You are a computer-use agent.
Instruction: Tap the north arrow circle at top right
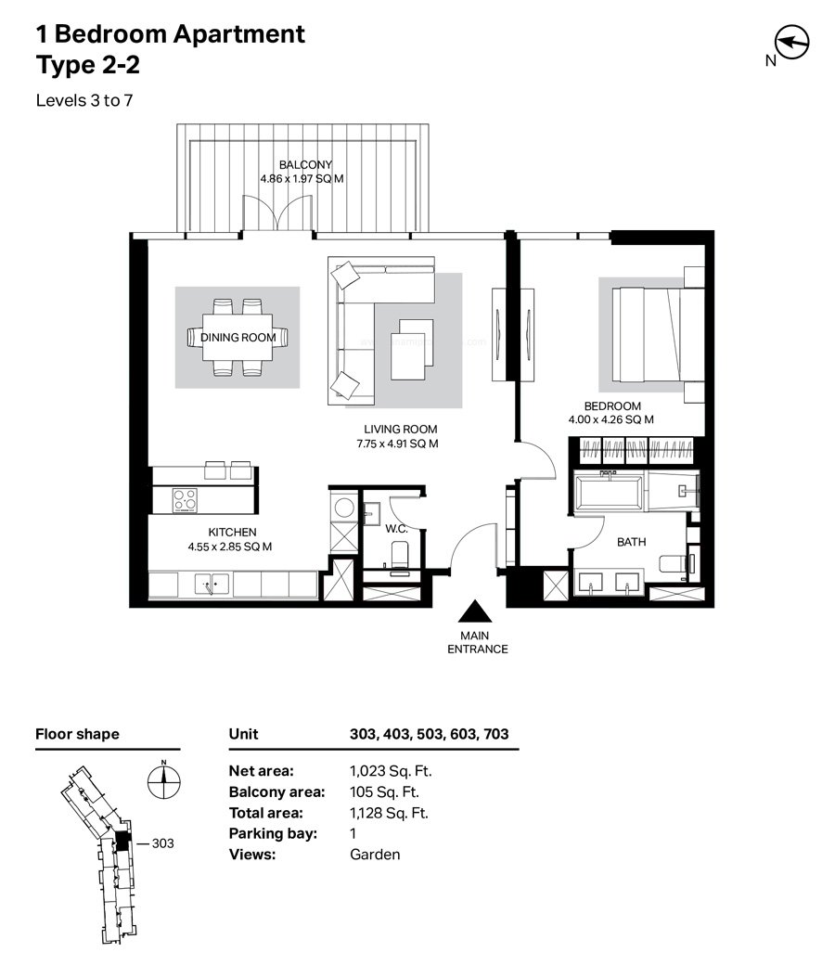(x=791, y=42)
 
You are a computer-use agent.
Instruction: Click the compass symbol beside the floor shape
(x=163, y=781)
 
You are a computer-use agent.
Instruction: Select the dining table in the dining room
(x=238, y=337)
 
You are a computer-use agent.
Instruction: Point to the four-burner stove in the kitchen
(x=185, y=499)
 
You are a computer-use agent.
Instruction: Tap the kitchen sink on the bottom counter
(x=212, y=584)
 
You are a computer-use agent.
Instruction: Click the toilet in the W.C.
(x=399, y=555)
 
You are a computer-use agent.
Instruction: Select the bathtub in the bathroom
(x=610, y=491)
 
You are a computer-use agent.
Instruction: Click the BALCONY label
(x=305, y=165)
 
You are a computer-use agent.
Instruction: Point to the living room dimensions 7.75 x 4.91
(x=397, y=444)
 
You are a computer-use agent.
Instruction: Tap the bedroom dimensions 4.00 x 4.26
(x=610, y=419)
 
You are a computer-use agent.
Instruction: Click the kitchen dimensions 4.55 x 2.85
(x=229, y=547)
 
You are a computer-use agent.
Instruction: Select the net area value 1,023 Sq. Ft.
(x=391, y=771)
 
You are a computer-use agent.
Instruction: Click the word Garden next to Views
(x=375, y=855)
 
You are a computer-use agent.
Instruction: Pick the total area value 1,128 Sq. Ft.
(x=389, y=813)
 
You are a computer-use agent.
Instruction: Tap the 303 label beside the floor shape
(x=163, y=843)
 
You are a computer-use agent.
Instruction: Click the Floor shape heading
(x=78, y=734)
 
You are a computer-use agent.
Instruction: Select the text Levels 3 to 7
(x=84, y=100)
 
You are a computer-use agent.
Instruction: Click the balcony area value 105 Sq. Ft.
(x=384, y=792)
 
